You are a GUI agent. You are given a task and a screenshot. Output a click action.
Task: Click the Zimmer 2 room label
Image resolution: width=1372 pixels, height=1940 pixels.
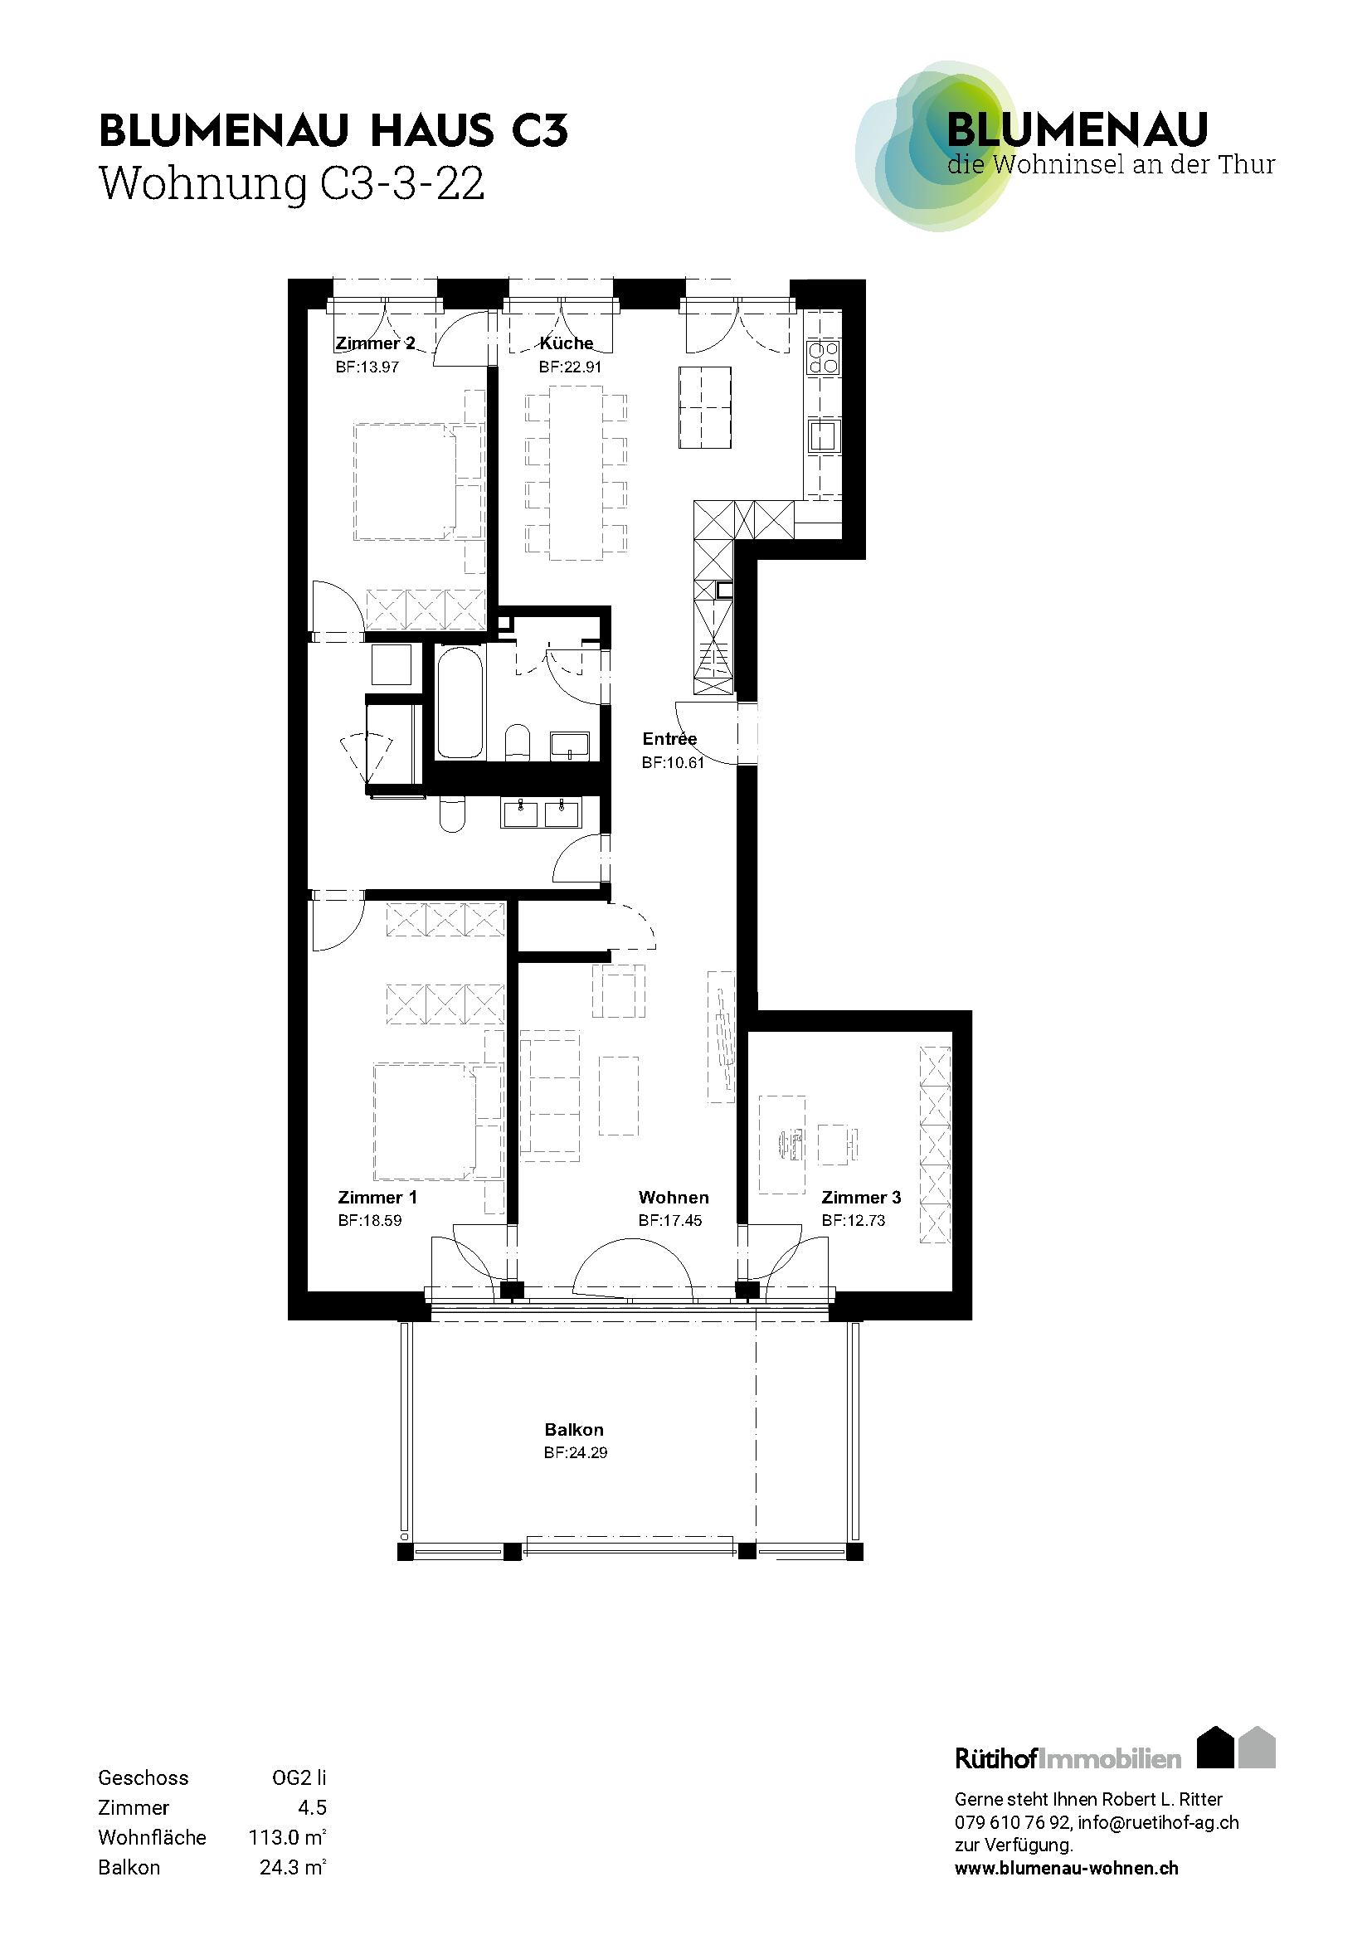coord(375,344)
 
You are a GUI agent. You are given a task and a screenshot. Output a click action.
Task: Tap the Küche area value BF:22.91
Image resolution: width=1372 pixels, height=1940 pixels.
coord(570,367)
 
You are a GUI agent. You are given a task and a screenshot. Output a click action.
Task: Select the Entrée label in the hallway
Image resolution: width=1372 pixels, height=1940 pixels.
coord(669,738)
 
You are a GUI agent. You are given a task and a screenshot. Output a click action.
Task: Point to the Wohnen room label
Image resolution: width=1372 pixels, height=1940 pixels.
coord(674,1198)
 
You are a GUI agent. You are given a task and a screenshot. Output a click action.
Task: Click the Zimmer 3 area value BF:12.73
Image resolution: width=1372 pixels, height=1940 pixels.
coord(854,1220)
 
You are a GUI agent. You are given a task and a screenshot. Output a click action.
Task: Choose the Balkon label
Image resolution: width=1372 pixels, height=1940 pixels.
coord(575,1430)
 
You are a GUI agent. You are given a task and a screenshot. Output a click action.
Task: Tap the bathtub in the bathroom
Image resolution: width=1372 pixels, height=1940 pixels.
coord(460,703)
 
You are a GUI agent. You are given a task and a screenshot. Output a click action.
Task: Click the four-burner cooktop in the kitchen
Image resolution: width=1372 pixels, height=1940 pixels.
coord(824,357)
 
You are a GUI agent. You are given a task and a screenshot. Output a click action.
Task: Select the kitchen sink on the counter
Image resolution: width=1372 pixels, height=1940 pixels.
coord(824,436)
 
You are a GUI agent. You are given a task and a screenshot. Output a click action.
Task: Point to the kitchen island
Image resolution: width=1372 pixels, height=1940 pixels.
coord(704,407)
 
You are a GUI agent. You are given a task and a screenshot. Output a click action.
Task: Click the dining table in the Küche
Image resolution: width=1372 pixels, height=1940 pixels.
coord(577,473)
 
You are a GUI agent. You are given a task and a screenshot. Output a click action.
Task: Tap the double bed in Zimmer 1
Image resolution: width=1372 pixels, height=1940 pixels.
coord(426,1121)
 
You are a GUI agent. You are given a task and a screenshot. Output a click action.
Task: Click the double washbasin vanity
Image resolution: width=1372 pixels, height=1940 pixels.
coord(542,814)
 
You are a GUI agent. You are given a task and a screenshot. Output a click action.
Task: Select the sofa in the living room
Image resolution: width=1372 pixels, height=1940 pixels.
coord(550,1091)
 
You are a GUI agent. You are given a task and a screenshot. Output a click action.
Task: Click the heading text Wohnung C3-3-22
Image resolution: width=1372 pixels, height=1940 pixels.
coord(292,183)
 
